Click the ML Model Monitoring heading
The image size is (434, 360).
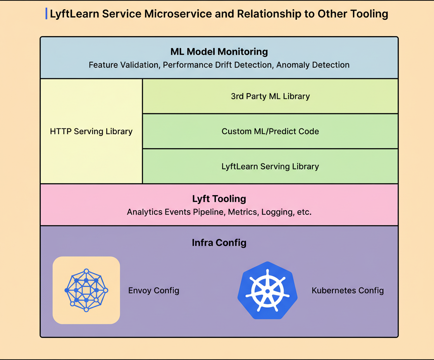pos(219,52)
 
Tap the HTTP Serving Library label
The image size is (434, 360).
pos(91,132)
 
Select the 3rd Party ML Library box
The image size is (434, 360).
pos(270,96)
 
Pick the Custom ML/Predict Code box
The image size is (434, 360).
pos(270,132)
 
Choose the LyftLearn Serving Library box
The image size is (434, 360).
pos(270,166)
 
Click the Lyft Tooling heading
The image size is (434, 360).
pos(219,199)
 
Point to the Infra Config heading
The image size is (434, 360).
pos(219,243)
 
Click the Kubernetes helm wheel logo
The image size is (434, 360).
pos(267,291)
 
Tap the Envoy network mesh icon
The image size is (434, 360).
pos(86,290)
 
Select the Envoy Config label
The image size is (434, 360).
pos(153,291)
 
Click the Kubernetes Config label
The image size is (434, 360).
pos(348,291)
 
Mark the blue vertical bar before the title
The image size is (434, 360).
pos(46,14)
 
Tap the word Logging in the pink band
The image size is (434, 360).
pos(277,212)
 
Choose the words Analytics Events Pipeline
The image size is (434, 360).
pos(175,212)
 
